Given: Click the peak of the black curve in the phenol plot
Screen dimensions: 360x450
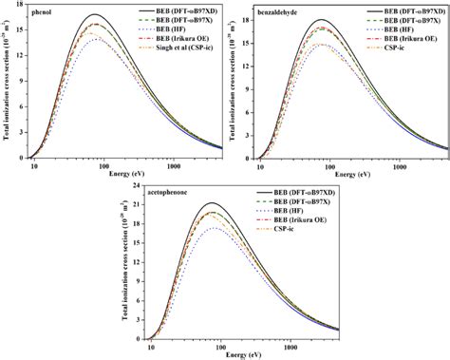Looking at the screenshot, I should (x=69, y=15).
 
